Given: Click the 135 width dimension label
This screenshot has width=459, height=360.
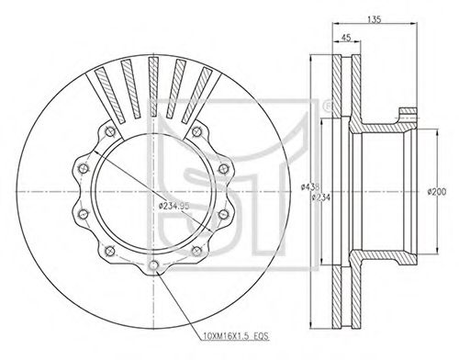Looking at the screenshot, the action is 374,19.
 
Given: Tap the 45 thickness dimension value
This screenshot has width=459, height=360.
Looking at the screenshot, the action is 346,38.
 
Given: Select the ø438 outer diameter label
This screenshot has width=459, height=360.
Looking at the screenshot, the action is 310,186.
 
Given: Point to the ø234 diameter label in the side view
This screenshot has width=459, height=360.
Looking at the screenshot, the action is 320,197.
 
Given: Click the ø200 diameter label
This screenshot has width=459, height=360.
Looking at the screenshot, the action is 437,192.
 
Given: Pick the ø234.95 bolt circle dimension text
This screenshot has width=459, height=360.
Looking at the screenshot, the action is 174,206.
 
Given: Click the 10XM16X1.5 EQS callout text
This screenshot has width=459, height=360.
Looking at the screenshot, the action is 236,336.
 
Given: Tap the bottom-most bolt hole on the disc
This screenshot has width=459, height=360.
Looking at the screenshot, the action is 153,265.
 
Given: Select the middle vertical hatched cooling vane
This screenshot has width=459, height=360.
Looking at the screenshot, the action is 153,86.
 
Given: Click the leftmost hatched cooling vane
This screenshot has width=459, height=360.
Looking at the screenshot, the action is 110,96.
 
